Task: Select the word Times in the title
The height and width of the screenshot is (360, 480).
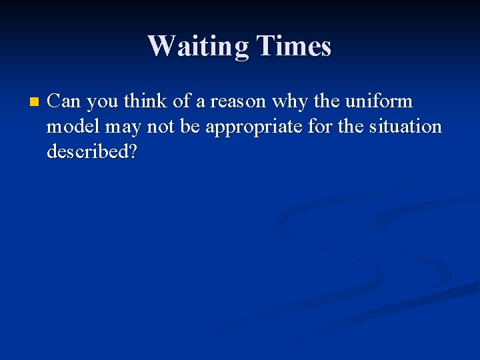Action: point(295,46)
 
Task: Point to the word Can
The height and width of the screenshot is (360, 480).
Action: point(65,101)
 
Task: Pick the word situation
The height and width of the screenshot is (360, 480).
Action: point(405,126)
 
